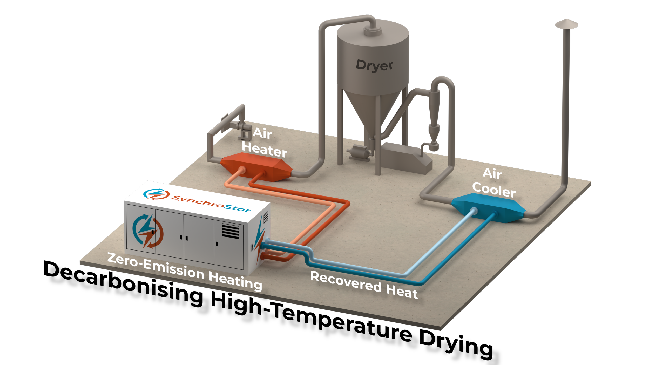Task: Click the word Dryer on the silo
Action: (374, 65)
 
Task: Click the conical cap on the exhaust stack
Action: (566, 24)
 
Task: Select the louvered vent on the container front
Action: (231, 231)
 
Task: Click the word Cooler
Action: (494, 190)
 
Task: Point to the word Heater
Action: (264, 150)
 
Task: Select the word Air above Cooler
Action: (492, 173)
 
